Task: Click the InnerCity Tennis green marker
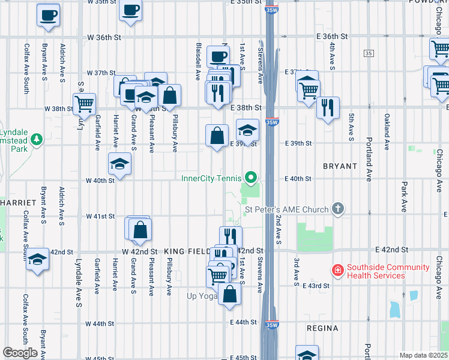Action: tap(252, 178)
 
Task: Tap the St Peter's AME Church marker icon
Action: tap(338, 209)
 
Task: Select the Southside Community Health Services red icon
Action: tap(337, 271)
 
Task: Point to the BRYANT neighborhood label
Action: tap(340, 166)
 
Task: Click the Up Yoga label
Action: tap(202, 296)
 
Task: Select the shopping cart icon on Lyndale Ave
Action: tap(84, 103)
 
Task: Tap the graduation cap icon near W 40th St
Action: tap(119, 164)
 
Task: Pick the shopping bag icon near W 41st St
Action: tap(140, 229)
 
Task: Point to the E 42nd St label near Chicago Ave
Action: tap(392, 249)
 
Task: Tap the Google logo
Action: tap(20, 353)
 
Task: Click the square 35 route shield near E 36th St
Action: tap(368, 53)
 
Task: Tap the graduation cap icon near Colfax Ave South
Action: tap(38, 259)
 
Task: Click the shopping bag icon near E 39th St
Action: tap(217, 136)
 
